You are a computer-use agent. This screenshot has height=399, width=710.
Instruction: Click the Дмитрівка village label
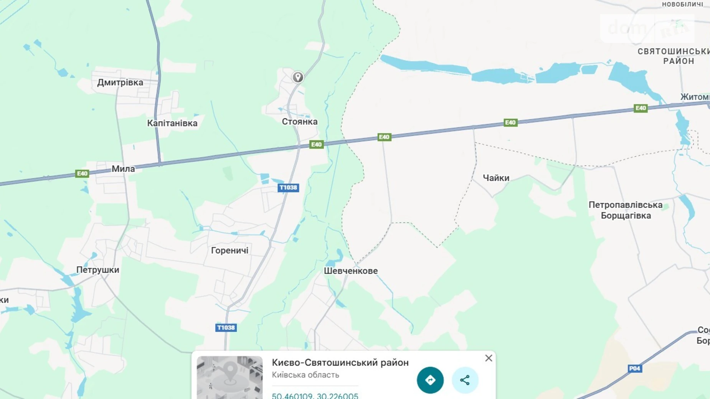(x=120, y=82)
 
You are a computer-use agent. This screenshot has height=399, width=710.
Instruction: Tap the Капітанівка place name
(x=172, y=123)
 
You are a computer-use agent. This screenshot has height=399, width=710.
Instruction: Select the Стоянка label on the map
(x=300, y=122)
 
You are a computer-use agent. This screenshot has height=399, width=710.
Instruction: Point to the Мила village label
(x=123, y=169)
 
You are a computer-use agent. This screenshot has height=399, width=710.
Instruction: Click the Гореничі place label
(x=230, y=251)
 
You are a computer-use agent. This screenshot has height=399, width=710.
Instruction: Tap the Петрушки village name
(x=98, y=270)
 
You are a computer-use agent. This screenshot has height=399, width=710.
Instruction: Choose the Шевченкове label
(x=351, y=271)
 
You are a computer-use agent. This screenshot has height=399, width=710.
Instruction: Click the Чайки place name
(x=496, y=178)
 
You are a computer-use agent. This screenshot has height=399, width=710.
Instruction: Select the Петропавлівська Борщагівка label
(x=626, y=210)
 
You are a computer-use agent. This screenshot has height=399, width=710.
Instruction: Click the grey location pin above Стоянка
(x=298, y=77)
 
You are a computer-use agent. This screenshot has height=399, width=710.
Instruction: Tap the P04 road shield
(x=634, y=369)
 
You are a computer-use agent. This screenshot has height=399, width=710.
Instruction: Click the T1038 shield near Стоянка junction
(x=288, y=188)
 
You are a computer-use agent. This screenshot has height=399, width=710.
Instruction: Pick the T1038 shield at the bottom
(x=226, y=328)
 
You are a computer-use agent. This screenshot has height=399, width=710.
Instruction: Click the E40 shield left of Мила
(x=82, y=174)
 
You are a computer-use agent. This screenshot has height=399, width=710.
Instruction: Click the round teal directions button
(x=430, y=380)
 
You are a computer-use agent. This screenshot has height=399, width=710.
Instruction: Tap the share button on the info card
(x=465, y=380)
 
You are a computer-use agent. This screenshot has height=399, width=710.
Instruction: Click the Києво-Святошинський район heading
(x=340, y=363)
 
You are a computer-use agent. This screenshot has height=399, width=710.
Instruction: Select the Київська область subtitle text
(x=305, y=375)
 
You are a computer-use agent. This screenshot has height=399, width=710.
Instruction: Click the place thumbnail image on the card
(x=230, y=378)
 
